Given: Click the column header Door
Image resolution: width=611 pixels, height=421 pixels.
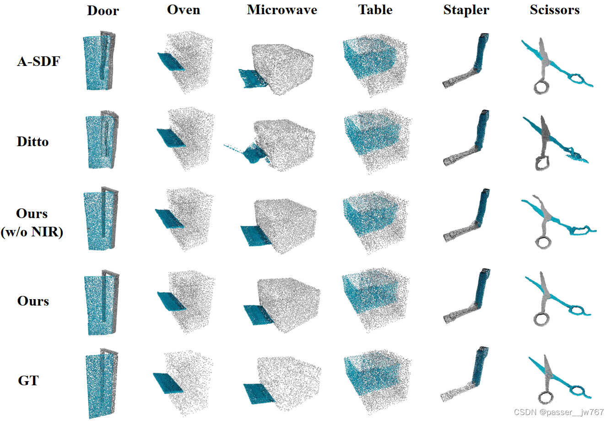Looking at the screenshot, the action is [103, 11].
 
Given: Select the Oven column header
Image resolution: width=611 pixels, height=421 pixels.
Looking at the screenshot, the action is [184, 10].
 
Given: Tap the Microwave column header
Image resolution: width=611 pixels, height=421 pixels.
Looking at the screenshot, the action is [282, 10].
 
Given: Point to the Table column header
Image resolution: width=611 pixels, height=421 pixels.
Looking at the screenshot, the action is [375, 10].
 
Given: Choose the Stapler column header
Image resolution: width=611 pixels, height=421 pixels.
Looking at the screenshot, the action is [466, 10].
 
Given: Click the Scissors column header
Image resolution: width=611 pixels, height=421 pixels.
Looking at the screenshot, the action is [555, 10].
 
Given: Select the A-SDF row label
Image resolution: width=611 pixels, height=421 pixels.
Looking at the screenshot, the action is [38, 61].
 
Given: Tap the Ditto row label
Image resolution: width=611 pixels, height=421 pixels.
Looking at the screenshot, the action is [32, 142].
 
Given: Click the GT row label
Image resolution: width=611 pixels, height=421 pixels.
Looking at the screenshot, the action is [28, 381].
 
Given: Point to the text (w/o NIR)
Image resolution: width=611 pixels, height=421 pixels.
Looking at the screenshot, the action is [32, 232].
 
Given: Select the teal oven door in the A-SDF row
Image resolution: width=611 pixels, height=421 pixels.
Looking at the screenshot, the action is [171, 62].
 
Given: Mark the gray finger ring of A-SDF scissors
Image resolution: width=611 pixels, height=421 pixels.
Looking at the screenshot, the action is [542, 87].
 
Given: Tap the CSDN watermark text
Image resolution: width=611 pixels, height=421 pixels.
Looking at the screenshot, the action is [559, 412].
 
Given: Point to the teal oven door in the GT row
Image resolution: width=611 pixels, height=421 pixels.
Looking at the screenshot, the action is [168, 383].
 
